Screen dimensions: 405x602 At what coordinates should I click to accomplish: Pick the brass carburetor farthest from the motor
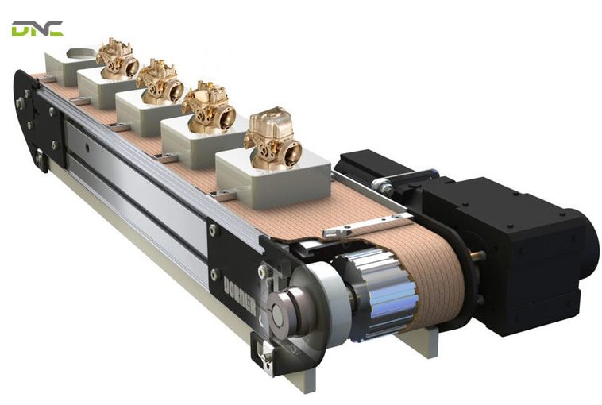pyautogui.click(x=118, y=57)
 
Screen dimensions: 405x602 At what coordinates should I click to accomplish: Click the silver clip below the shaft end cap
pyautogui.click(x=266, y=357)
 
